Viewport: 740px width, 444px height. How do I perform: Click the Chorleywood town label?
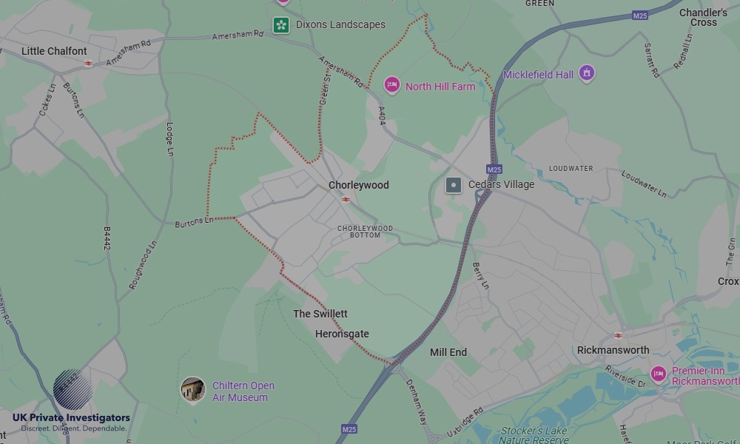358,185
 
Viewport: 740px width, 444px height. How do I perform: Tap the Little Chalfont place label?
54,51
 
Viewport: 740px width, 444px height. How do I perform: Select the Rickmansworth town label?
613,350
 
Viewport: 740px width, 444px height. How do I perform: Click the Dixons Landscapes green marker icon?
280,25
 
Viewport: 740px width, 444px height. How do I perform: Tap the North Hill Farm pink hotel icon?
391,86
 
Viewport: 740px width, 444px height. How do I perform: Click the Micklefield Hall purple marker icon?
587,73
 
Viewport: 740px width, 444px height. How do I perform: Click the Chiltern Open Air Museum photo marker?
193,389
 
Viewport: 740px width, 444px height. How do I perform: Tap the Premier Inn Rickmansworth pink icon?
658,374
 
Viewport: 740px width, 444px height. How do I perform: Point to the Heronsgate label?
342,334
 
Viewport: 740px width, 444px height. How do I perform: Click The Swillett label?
320,314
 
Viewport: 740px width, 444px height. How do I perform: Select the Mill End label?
448,352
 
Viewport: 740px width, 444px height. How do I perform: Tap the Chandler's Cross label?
703,18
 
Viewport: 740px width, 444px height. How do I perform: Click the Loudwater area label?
571,169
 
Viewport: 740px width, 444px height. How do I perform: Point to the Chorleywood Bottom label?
365,232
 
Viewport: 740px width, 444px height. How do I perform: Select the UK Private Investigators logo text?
71,417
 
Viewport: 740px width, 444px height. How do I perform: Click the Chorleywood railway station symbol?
346,199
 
